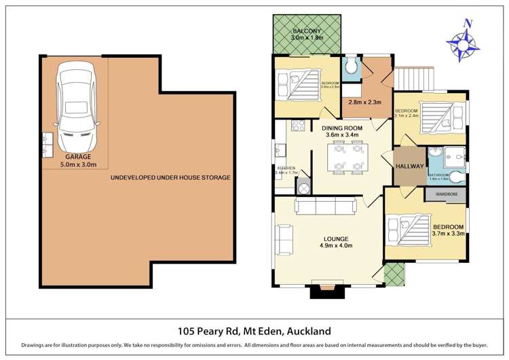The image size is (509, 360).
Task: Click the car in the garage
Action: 75,107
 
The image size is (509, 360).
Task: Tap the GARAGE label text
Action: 75,156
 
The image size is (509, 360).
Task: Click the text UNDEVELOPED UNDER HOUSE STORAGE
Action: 170,178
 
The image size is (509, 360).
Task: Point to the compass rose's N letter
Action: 467,22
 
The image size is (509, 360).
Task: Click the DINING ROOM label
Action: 342,128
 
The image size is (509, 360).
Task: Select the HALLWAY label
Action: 409,166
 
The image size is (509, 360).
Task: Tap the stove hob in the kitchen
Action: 297,125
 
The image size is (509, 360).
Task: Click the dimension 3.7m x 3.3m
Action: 447,234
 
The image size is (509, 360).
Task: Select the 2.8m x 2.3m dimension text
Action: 365,103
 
